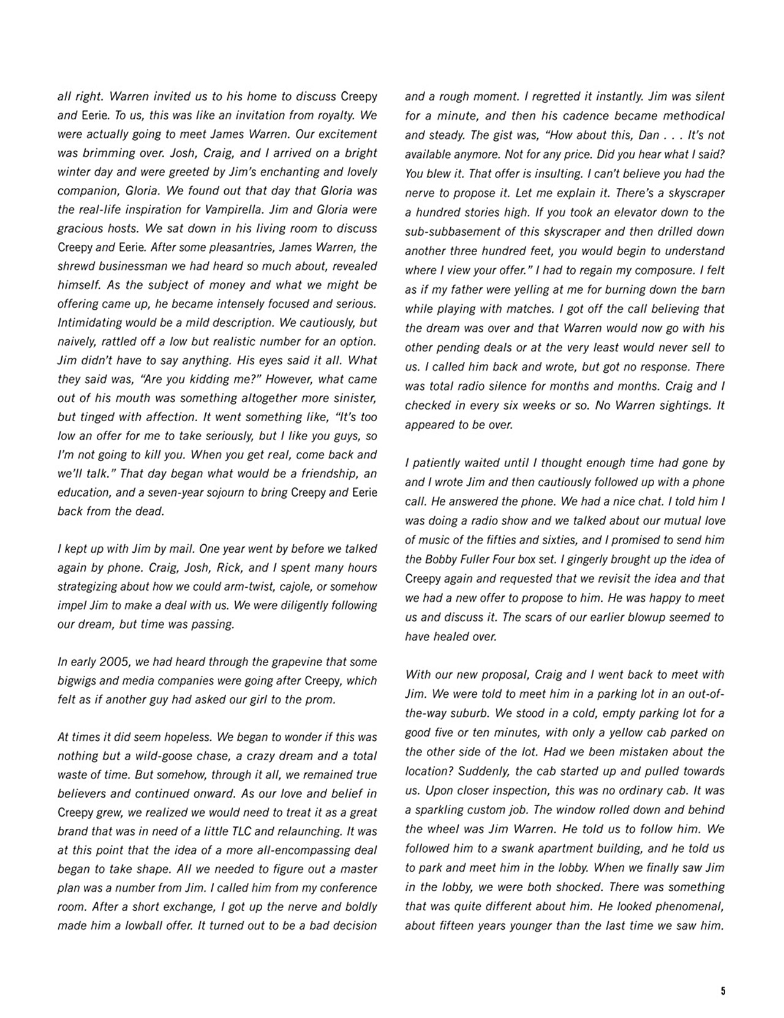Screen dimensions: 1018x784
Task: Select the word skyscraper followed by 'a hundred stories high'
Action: (696, 193)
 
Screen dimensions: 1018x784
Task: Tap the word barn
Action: (712, 289)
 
